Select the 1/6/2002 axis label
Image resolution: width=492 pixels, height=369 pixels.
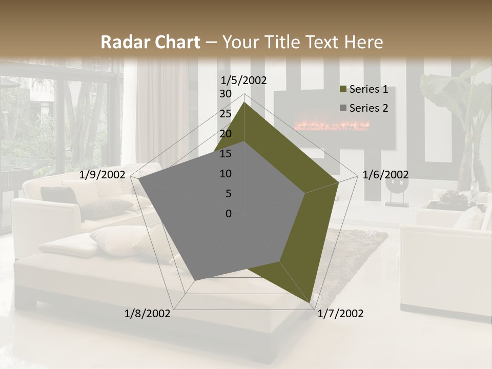point(385,175)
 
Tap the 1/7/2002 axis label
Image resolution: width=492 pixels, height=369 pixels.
point(340,314)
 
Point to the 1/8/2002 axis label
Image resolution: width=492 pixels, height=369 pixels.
point(148,314)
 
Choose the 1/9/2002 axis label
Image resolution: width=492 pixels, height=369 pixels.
point(102,175)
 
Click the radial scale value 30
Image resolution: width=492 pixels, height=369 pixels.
point(225,94)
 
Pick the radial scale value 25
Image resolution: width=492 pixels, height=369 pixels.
point(225,114)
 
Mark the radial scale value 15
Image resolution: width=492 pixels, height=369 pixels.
point(225,154)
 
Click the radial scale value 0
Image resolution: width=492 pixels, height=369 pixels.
point(229,214)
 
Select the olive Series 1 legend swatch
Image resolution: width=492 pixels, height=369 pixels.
point(343,90)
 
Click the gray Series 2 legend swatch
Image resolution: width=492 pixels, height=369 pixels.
point(343,108)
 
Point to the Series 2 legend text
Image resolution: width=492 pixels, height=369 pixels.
point(368,108)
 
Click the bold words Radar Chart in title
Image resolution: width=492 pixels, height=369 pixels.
point(150,43)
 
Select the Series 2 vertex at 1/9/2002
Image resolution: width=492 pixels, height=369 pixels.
point(138,179)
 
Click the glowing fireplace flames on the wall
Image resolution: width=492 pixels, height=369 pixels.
point(331,125)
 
